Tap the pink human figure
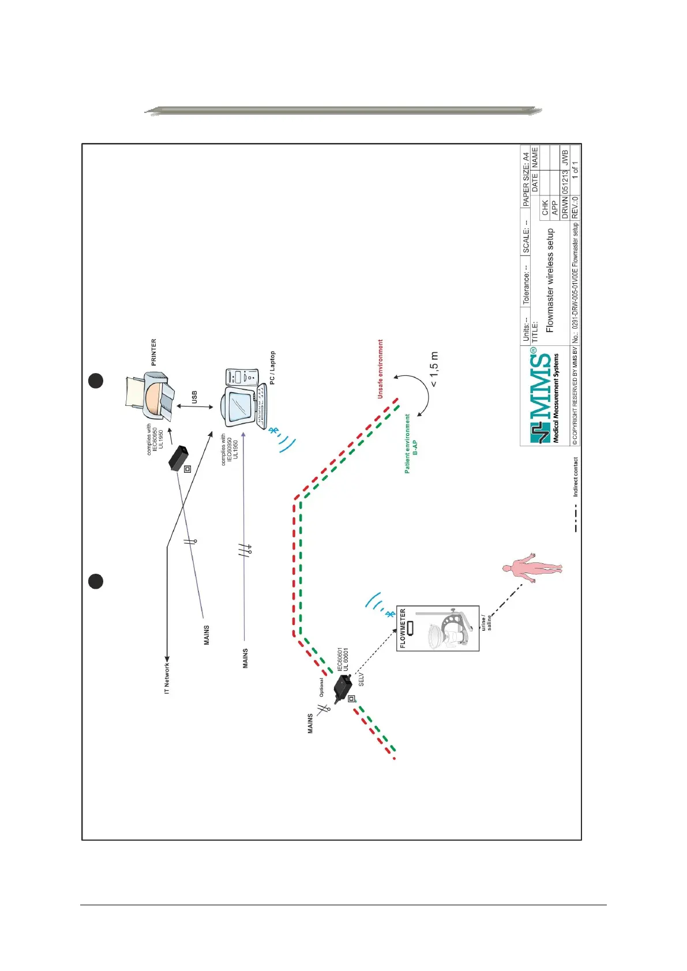click(x=532, y=569)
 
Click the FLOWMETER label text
click(x=403, y=628)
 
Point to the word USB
click(x=194, y=397)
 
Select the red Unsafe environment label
click(x=380, y=369)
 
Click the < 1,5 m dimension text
click(x=434, y=369)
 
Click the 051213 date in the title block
click(x=565, y=181)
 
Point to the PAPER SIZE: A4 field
click(x=525, y=179)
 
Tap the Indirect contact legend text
click(x=575, y=477)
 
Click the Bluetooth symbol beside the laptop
click(x=274, y=430)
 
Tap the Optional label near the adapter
click(x=321, y=687)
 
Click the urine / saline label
click(x=486, y=623)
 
